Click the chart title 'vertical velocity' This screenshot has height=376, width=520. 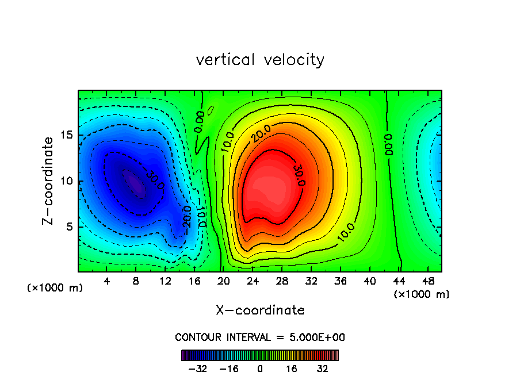pos(260,60)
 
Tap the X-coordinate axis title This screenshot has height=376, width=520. pos(260,310)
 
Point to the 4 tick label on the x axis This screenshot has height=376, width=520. pos(107,281)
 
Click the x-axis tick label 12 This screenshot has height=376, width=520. pos(166,281)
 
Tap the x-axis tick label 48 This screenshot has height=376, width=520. pos(428,281)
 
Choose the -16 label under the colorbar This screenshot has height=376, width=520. pos(230,368)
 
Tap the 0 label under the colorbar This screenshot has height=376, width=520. pos(260,368)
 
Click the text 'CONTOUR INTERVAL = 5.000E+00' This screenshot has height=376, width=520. pos(260,337)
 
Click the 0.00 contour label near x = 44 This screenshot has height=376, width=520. pos(388,145)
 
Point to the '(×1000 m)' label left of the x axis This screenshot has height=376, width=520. pos(55,288)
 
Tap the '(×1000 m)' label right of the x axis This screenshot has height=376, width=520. pos(422,294)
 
